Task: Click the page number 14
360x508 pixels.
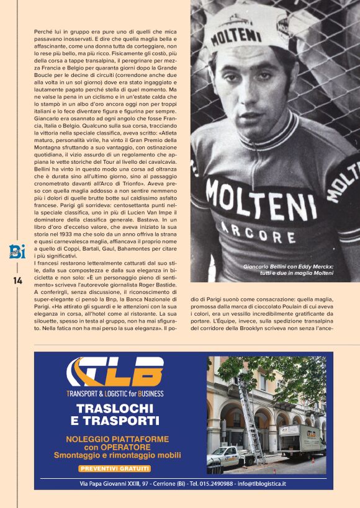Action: [x=17, y=281]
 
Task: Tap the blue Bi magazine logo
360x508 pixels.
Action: [x=16, y=251]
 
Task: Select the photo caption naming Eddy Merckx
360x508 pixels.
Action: [x=289, y=269]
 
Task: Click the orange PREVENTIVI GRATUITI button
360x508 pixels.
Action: [x=115, y=468]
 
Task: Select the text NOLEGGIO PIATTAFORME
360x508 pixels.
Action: [x=117, y=439]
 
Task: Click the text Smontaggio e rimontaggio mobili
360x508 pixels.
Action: [x=117, y=455]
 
